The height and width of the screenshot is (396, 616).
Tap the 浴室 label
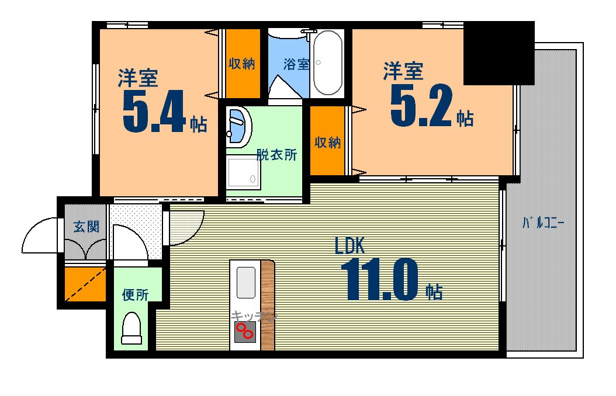[296, 64]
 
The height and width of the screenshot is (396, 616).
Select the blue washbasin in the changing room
[238, 125]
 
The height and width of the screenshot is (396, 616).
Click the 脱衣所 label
[276, 155]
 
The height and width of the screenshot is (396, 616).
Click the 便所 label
[135, 295]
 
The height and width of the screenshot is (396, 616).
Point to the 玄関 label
[86, 227]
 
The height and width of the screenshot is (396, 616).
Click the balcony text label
[543, 223]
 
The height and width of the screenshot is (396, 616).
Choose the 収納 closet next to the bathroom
[243, 63]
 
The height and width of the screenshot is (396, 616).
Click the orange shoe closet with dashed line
[85, 284]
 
